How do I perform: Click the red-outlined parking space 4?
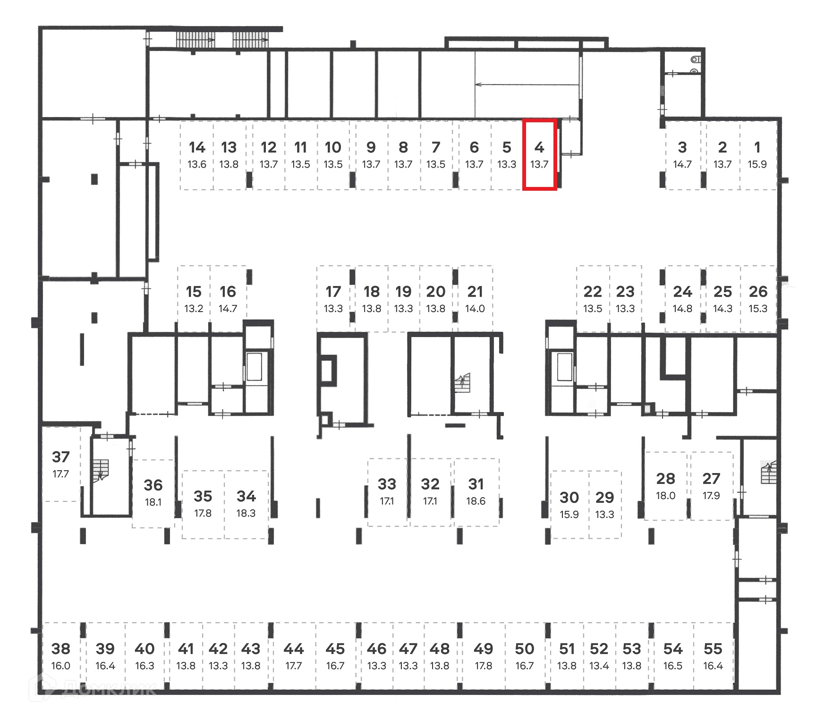pyautogui.click(x=539, y=155)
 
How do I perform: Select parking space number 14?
pyautogui.click(x=197, y=155)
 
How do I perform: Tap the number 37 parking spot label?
pyautogui.click(x=61, y=457)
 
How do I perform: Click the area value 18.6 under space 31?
pyautogui.click(x=476, y=501)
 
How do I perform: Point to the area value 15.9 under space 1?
pyautogui.click(x=757, y=164)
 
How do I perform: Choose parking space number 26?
pyautogui.click(x=758, y=298)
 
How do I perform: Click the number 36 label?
pyautogui.click(x=153, y=485)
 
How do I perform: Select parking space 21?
pyautogui.click(x=475, y=298)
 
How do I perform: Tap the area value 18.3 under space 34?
pyautogui.click(x=246, y=513)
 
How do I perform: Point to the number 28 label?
pyautogui.click(x=665, y=479)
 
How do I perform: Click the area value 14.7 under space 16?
pyautogui.click(x=228, y=308)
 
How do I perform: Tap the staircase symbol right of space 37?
pyautogui.click(x=101, y=471)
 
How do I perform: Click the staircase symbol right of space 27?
pyautogui.click(x=768, y=473)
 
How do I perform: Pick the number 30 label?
pyautogui.click(x=569, y=497)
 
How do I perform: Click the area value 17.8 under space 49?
pyautogui.click(x=483, y=666)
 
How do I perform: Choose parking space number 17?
pyautogui.click(x=333, y=298)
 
